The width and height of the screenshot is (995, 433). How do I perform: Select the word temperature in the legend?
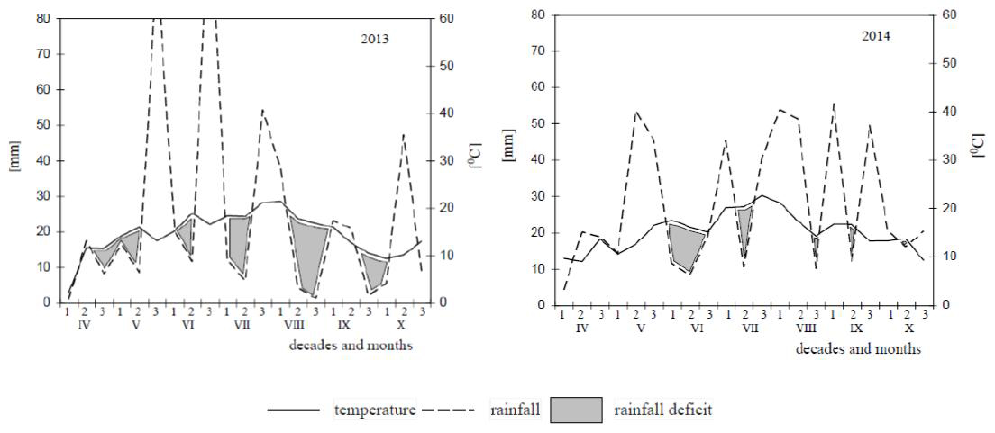[x=375, y=410]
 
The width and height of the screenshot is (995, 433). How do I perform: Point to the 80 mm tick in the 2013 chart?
[x=42, y=17]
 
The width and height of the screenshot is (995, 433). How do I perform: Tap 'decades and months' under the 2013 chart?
[x=351, y=345]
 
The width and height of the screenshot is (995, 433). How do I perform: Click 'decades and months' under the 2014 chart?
[x=858, y=348]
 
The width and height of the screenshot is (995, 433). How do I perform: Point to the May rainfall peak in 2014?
[x=637, y=113]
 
